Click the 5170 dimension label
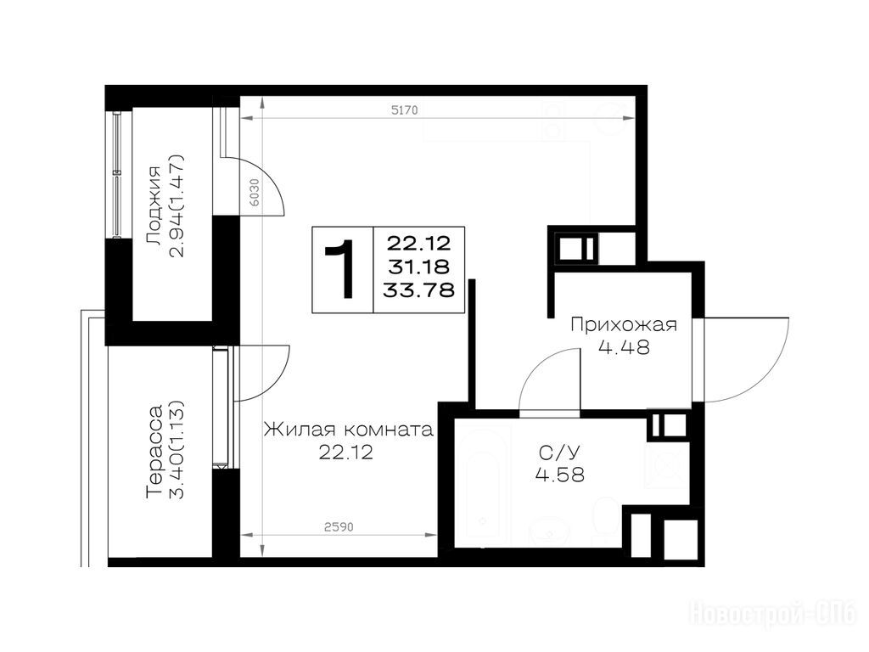404,110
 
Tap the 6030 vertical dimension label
255,193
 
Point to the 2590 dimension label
339,526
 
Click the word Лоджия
154,205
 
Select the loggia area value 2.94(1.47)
177,206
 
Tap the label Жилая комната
348,430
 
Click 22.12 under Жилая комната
346,453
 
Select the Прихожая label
624,324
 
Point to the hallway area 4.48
624,347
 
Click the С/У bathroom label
559,452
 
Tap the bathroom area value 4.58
560,475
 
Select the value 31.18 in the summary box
419,267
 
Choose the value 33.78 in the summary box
419,290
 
